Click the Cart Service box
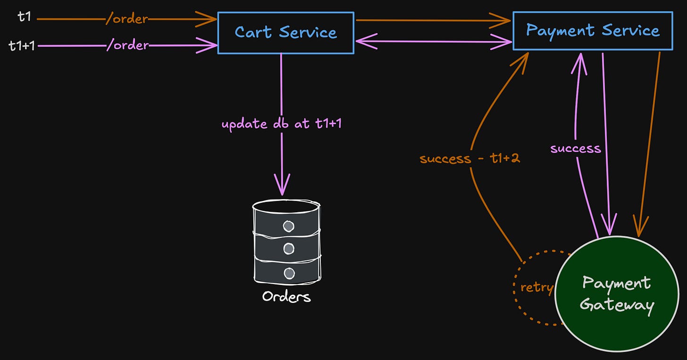pos(285,33)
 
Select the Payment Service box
pos(593,31)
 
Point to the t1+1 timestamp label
pos(22,46)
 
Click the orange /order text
pos(127,19)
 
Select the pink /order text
pos(128,46)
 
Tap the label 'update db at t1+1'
pos(282,125)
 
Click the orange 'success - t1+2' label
pos(470,158)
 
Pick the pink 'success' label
pos(576,149)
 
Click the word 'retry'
pos(536,287)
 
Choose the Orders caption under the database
pos(286,297)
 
